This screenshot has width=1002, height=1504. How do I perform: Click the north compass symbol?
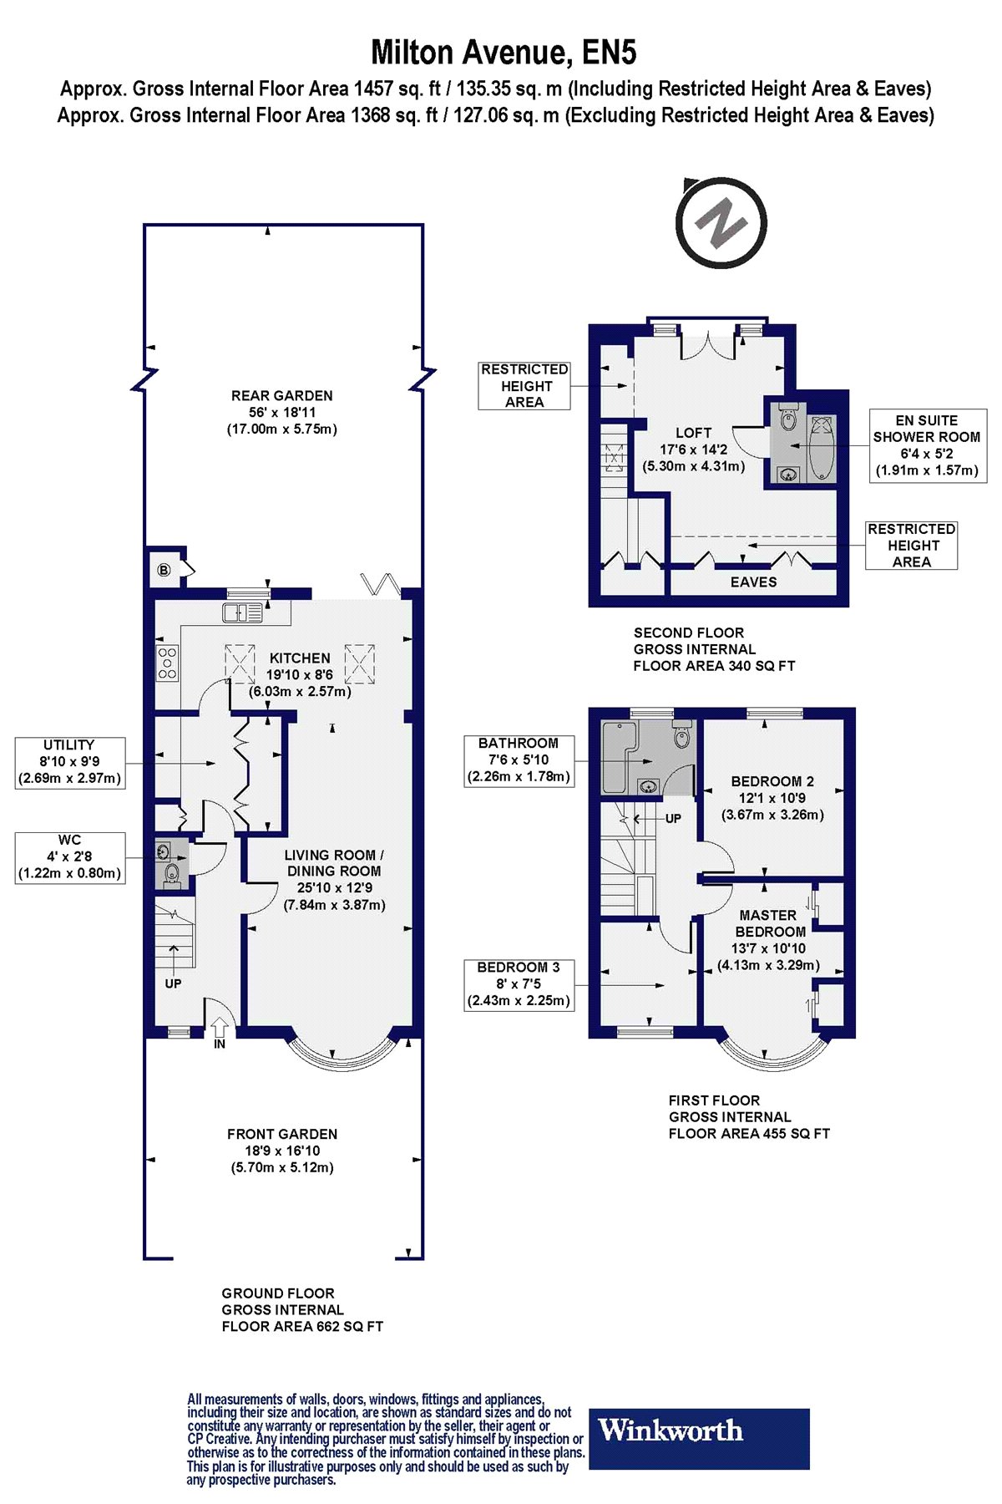click(x=721, y=222)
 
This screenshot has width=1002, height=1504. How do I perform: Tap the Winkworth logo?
click(x=700, y=1439)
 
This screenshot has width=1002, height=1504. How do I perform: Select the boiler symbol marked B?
click(x=164, y=570)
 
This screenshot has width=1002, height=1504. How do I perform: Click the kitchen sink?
click(x=242, y=612)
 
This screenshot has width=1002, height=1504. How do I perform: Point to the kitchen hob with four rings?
click(x=167, y=663)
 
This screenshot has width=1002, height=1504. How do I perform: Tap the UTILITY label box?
click(x=70, y=762)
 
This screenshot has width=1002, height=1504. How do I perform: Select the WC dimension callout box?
click(x=70, y=857)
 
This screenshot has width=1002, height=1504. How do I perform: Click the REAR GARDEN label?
click(x=282, y=412)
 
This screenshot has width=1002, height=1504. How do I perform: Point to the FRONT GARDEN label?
click(x=282, y=1151)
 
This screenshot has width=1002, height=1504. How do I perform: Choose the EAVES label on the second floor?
click(x=753, y=582)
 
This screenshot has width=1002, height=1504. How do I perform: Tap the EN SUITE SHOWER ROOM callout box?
click(x=928, y=445)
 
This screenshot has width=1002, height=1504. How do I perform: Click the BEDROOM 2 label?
click(x=772, y=798)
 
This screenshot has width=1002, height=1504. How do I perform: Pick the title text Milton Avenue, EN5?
click(x=504, y=53)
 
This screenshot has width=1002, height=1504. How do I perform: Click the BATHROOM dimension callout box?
click(x=519, y=760)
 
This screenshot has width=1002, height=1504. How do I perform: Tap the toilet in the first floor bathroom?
click(x=681, y=734)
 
